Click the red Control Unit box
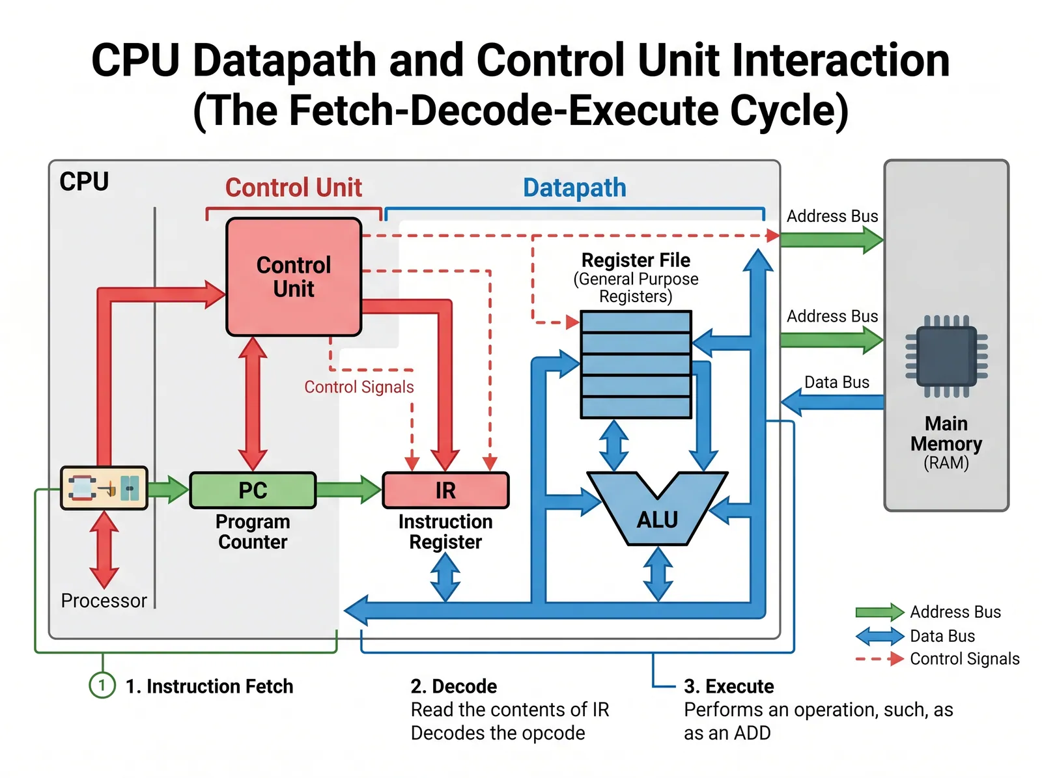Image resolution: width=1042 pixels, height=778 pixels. pos(294,277)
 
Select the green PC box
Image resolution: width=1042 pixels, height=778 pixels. pos(253,490)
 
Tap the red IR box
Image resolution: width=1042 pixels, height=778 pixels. pos(445,490)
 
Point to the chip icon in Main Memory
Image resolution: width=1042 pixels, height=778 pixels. pos(946,356)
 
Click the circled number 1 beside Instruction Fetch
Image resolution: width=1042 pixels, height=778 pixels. pos(102,685)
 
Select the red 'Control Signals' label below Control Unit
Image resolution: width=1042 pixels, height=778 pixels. pos(359,387)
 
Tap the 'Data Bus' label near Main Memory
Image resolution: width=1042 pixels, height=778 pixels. pos(837,382)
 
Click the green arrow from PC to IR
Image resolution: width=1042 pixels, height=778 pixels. pos(348,490)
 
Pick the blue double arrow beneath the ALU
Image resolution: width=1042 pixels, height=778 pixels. pos(658,574)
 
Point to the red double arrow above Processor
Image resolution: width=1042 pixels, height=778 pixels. pos(104,549)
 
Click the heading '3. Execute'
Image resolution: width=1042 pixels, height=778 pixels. pos(729,686)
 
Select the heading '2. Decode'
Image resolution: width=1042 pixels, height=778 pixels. pos(454,686)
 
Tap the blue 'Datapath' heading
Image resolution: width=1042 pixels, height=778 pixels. pos(574,188)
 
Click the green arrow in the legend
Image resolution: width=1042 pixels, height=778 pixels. pos(879,612)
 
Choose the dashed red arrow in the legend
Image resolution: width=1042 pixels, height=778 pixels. pos(879,659)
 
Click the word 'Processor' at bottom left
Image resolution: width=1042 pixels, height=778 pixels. pos(104,600)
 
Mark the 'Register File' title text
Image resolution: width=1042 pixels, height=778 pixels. pos(636,260)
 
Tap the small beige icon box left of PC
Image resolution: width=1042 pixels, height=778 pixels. pos(104,488)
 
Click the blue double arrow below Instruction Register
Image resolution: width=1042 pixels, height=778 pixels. pos(445,577)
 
